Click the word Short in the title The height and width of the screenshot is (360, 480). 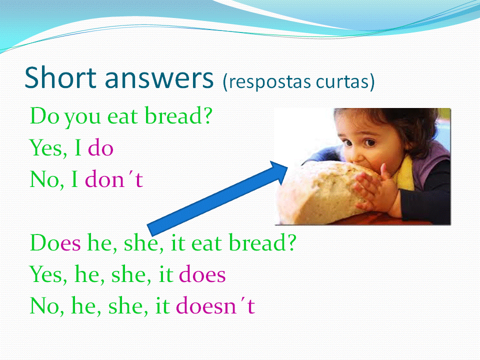60,77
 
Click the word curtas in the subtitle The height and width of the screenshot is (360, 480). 342,81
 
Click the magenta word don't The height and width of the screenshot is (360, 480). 113,179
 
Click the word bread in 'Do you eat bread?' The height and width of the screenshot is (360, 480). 178,115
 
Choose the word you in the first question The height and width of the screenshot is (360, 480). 82,118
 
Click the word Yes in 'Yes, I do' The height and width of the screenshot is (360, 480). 48,148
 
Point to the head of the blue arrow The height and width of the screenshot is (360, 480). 287,167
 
